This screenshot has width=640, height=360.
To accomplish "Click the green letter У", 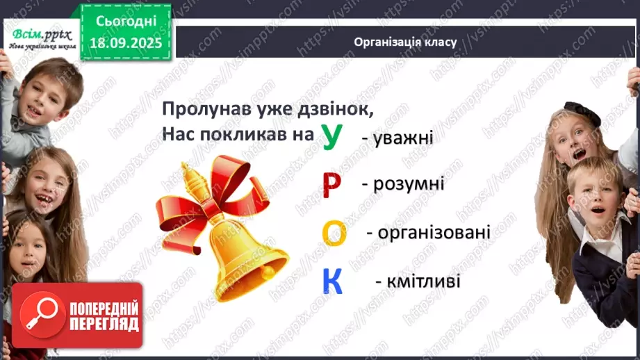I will (x=332, y=137).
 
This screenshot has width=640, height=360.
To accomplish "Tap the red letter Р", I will (x=333, y=185).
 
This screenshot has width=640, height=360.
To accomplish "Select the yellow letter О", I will (x=334, y=233).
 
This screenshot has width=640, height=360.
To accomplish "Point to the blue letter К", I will (x=333, y=280).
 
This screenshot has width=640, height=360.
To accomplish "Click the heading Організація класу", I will (x=404, y=42).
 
